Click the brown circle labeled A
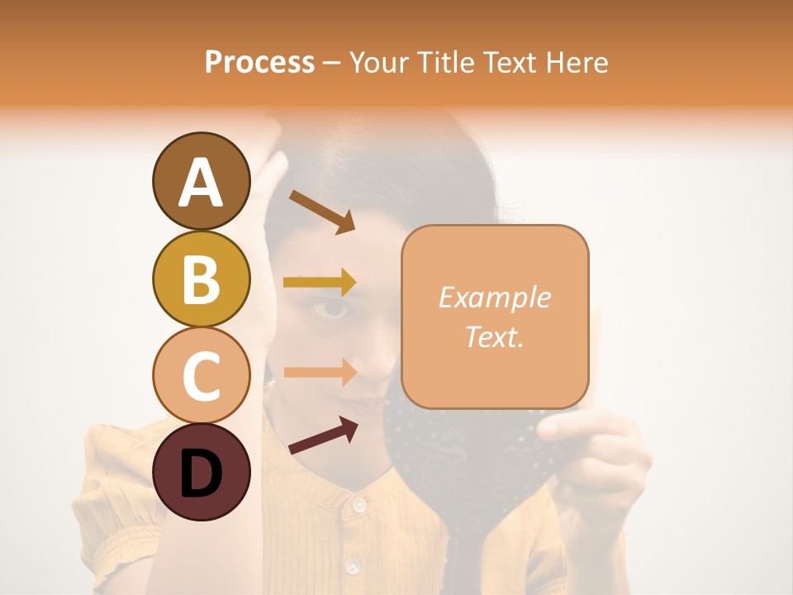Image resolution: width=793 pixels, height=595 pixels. [x=201, y=181]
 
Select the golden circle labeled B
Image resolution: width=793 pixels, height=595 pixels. [x=201, y=278]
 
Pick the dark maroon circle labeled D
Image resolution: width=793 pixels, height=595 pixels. [x=201, y=472]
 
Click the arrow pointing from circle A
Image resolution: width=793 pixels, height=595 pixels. [x=322, y=211]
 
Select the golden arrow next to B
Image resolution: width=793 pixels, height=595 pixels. [x=320, y=283]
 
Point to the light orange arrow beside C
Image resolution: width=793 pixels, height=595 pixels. [x=320, y=372]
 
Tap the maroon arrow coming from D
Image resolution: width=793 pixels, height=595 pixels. [x=323, y=436]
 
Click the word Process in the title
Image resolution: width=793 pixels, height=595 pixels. [x=259, y=62]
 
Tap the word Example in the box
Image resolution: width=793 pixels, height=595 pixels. [x=494, y=297]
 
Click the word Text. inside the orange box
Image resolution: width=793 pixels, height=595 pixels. [x=494, y=336]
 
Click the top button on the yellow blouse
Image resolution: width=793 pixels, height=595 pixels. [x=358, y=503]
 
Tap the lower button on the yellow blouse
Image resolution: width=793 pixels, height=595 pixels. [x=354, y=565]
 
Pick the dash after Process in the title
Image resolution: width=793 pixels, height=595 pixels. [x=331, y=63]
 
